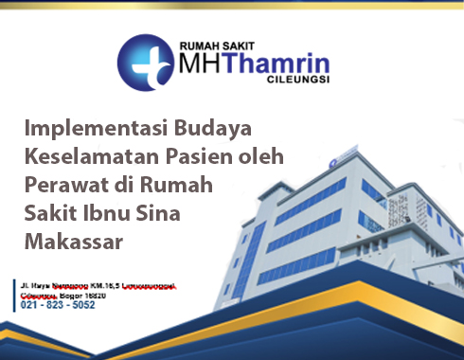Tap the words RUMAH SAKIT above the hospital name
[x=217, y=44]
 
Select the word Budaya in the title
[x=219, y=128]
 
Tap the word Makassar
[x=73, y=242]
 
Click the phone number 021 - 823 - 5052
[x=58, y=305]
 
